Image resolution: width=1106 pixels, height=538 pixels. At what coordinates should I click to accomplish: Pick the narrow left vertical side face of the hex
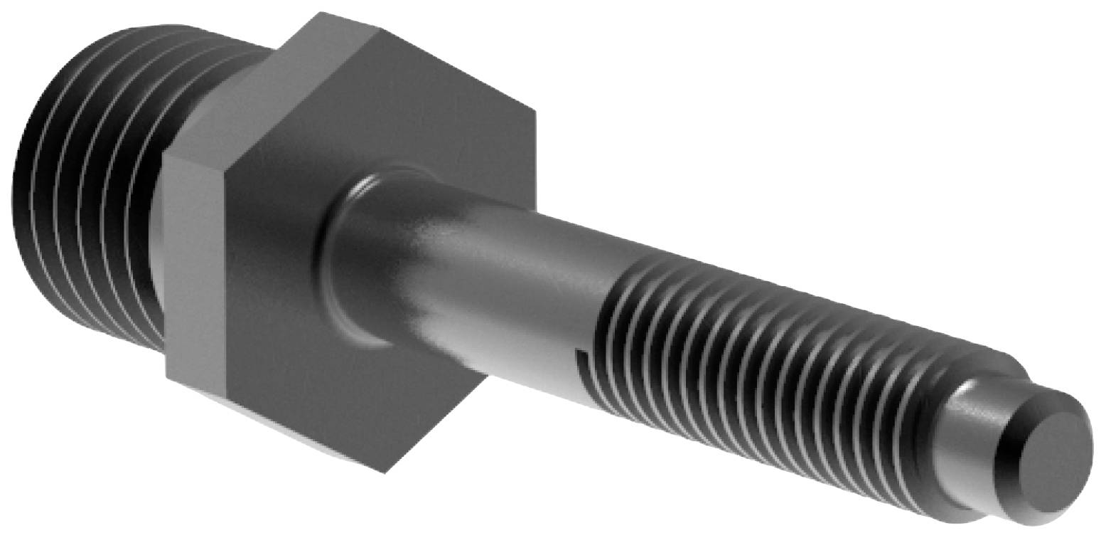[x=195, y=263]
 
